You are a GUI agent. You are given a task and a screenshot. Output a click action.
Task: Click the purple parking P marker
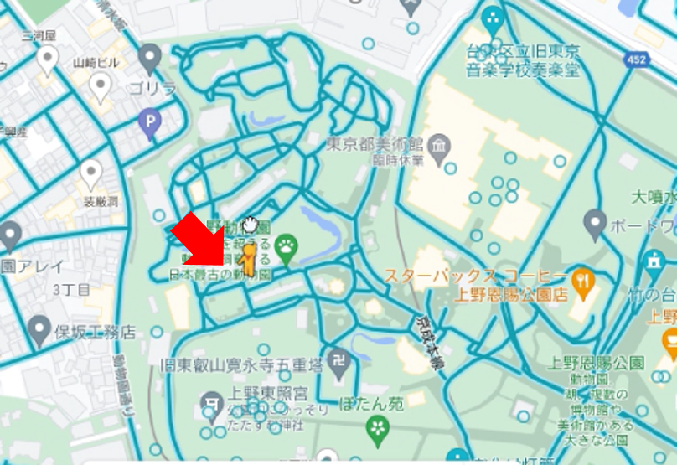[149, 125]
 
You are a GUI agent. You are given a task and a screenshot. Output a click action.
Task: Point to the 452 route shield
[635, 59]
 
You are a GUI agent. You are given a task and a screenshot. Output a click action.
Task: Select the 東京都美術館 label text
[375, 144]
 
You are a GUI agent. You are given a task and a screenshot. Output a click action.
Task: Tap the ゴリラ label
[152, 88]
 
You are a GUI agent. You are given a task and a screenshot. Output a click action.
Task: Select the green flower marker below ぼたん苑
[378, 428]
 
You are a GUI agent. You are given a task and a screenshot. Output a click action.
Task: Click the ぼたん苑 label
[372, 404]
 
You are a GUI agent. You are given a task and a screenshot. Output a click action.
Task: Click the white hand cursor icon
[250, 224]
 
